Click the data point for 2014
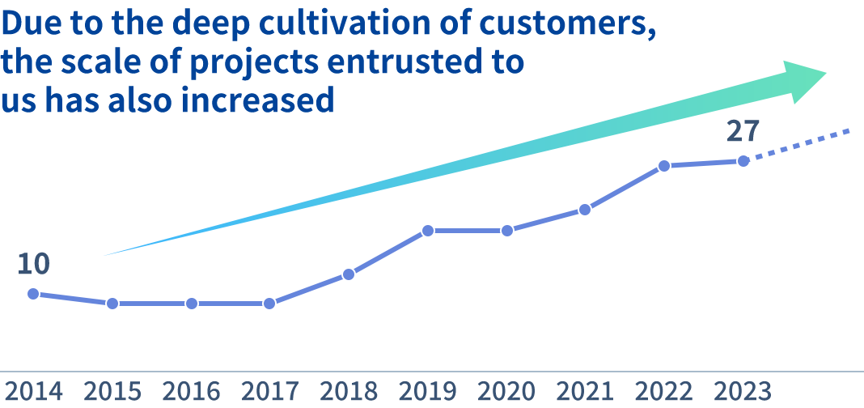coord(33,294)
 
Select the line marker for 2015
coord(112,304)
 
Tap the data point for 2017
coord(270,304)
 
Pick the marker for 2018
coord(349,274)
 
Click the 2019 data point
coord(428,231)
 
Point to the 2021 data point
coord(585,210)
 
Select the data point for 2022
coord(664,166)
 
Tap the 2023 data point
coord(743,161)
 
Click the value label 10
coord(33,264)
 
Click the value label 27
coord(743,131)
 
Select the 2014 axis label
coord(33,392)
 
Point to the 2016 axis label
coord(191,392)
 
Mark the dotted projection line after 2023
coord(801,144)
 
